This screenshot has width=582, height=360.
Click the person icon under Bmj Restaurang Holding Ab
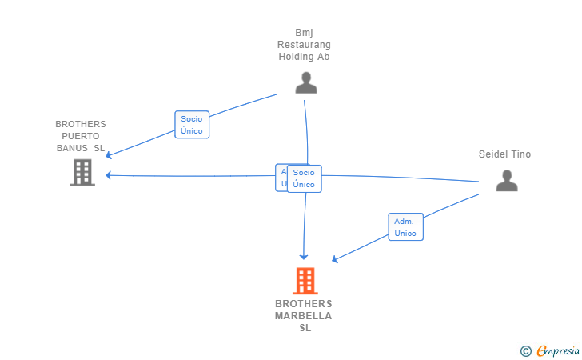coord(305,82)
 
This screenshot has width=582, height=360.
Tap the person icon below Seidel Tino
coord(507,181)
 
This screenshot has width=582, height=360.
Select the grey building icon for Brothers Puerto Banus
coord(82,172)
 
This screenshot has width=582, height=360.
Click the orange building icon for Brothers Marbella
coord(305,281)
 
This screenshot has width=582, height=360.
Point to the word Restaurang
coord(304,45)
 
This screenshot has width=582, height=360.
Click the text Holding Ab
coord(304,57)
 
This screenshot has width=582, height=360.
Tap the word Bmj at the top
coord(304,33)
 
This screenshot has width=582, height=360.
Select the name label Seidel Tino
coord(504,154)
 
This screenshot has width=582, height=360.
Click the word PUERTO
coord(80,136)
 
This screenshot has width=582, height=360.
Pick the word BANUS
coord(72,148)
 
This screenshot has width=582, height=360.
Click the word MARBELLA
coord(304,316)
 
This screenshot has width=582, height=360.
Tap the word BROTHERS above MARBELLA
coord(304,304)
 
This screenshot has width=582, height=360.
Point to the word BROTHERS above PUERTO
coord(80,124)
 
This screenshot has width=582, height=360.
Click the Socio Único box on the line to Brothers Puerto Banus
coord(192,125)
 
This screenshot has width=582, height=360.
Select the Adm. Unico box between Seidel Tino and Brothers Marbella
coord(405,227)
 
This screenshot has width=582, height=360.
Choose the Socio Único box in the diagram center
coord(304,178)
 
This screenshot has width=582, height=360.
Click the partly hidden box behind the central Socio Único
coord(280,178)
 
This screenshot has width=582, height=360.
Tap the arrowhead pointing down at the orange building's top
coord(304,255)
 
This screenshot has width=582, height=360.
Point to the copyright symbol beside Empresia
coord(525,350)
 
